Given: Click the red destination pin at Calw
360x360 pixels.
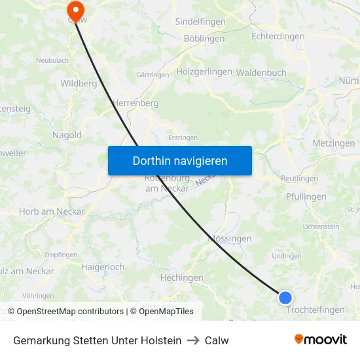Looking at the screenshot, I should click(75, 10).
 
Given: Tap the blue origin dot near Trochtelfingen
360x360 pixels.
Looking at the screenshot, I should click(285, 298).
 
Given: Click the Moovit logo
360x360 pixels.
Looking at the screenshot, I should click(320, 340).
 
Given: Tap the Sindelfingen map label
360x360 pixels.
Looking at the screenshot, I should click(200, 22).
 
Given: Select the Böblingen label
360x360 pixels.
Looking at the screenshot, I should click(204, 39).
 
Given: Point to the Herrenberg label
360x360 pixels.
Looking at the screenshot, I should click(135, 103).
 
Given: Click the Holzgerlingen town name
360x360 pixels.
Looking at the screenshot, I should click(204, 71).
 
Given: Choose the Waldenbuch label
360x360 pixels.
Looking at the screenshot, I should click(261, 73).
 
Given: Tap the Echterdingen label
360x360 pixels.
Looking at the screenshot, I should click(278, 37).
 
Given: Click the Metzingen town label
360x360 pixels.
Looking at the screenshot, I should click(333, 143).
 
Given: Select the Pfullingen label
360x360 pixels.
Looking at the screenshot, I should click(306, 196).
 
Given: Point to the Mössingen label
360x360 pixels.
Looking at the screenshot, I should click(230, 239).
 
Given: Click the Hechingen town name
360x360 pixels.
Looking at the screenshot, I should click(181, 278).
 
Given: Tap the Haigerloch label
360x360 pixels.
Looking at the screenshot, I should click(103, 267).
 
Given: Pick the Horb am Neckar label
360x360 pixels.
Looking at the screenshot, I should click(52, 211).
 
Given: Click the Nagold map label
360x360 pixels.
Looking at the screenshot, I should click(67, 135).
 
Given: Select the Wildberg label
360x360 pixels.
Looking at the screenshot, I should click(79, 83).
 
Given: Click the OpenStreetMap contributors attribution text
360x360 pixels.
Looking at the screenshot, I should click(66, 312).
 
